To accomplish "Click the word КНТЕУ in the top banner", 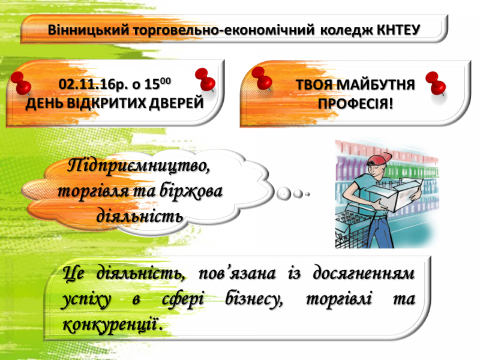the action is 398,29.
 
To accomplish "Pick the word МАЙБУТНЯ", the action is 376,85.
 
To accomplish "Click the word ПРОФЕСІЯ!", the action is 355,104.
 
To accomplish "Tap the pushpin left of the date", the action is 21,83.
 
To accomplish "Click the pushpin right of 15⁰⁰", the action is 205,79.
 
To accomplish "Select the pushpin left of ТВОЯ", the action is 262,79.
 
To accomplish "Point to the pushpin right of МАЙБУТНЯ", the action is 436,83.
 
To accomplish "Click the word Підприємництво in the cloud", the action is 139,166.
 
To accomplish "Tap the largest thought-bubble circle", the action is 283,193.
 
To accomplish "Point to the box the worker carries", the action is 395,192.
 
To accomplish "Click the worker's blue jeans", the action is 382,230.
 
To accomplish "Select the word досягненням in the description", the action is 364,274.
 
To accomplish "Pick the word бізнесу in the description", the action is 254,299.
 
